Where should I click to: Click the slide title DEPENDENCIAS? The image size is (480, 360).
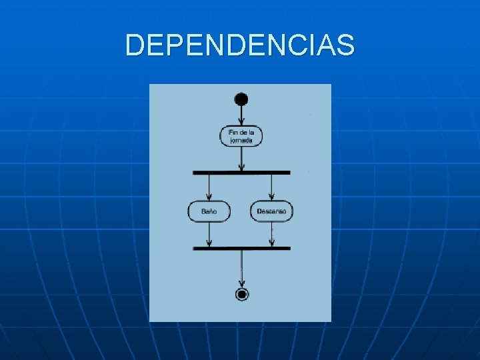[x=240, y=45]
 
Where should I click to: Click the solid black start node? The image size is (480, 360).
[x=241, y=99]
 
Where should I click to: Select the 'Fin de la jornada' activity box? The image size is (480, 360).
[x=241, y=137]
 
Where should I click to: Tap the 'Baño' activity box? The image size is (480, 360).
[x=209, y=211]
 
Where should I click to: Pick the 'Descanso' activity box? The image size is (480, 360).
[x=272, y=211]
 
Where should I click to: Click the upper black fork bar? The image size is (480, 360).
[x=241, y=172]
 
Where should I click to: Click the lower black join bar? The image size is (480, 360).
[x=241, y=248]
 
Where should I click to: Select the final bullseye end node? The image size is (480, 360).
[x=241, y=294]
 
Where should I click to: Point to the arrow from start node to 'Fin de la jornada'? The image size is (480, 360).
[x=241, y=116]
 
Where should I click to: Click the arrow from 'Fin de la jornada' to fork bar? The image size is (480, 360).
[x=241, y=159]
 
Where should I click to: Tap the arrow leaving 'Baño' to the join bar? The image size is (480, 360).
[x=209, y=234]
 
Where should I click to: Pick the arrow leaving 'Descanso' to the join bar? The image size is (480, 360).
[x=272, y=234]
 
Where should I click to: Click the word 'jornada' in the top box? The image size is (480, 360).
[x=241, y=141]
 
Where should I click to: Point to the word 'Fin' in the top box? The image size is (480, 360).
[x=233, y=133]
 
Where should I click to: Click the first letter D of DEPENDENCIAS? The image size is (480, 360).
[x=135, y=45]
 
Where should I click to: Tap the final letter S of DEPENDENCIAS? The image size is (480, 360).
[x=345, y=45]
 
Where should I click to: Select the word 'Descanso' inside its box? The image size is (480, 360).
[x=272, y=211]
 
